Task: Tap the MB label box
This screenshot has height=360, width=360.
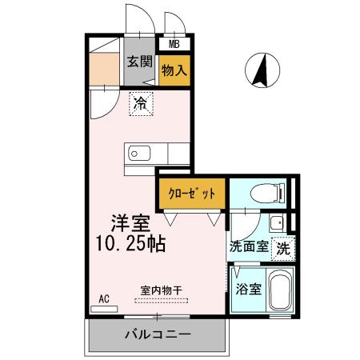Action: pos(174,45)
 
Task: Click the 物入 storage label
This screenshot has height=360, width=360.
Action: pos(174,70)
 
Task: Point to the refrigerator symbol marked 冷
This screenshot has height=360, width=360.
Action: pos(141,103)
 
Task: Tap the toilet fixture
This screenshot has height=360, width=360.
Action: pos(263,192)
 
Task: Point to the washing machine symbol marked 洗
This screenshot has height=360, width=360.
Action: pos(282,248)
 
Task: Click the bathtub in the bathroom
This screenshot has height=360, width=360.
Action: pos(280,293)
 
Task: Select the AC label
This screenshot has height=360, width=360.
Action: pos(104,299)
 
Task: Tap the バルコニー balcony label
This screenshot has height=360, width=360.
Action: pos(157,334)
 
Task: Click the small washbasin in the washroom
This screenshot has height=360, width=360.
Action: pos(277,222)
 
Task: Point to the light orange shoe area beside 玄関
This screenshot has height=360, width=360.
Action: pos(104,68)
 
